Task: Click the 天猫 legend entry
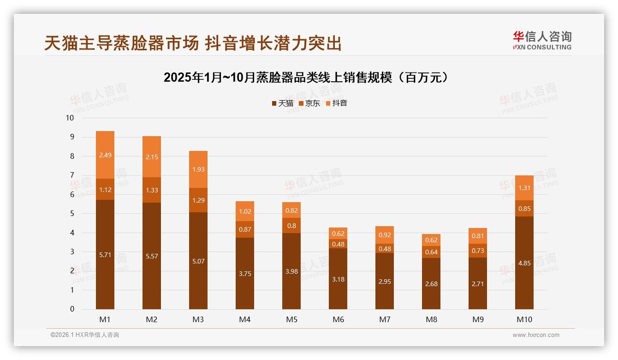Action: (282, 103)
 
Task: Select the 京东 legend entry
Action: (309, 103)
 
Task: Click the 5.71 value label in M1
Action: (105, 254)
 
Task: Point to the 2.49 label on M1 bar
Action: (105, 155)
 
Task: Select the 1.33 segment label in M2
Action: (152, 190)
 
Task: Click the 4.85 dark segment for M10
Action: (524, 264)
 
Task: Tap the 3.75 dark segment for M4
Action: (245, 273)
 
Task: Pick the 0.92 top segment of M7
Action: (385, 235)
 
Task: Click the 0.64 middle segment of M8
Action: (431, 252)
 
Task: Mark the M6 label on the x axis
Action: (338, 319)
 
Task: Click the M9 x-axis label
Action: (478, 319)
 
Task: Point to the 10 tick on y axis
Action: (70, 118)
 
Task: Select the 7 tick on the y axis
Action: (71, 175)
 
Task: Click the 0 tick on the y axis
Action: (71, 309)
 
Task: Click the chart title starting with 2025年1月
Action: (306, 77)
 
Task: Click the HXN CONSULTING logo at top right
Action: (542, 41)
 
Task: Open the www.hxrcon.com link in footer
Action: (536, 335)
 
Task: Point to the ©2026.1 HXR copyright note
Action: (85, 335)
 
